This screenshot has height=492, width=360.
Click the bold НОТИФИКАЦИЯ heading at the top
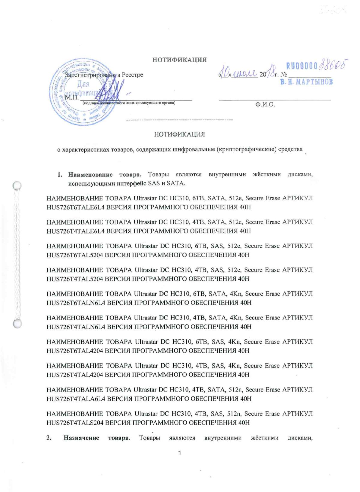click(x=179, y=60)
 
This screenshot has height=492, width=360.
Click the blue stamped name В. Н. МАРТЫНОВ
click(x=306, y=82)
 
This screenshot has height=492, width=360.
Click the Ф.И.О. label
click(x=265, y=104)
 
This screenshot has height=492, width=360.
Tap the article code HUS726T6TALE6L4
click(x=75, y=207)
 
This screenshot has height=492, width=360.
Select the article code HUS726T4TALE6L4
click(x=75, y=231)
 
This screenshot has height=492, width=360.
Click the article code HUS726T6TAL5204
click(x=75, y=255)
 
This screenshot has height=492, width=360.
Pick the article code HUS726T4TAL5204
click(x=75, y=279)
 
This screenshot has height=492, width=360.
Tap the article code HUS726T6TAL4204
click(x=75, y=351)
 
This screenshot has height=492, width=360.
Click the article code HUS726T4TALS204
click(x=75, y=423)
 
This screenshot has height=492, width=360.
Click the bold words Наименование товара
click(x=104, y=175)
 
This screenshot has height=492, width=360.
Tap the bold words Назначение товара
click(x=97, y=438)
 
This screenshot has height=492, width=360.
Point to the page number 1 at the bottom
click(x=179, y=453)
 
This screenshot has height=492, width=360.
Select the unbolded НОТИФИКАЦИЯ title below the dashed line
click(x=179, y=134)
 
